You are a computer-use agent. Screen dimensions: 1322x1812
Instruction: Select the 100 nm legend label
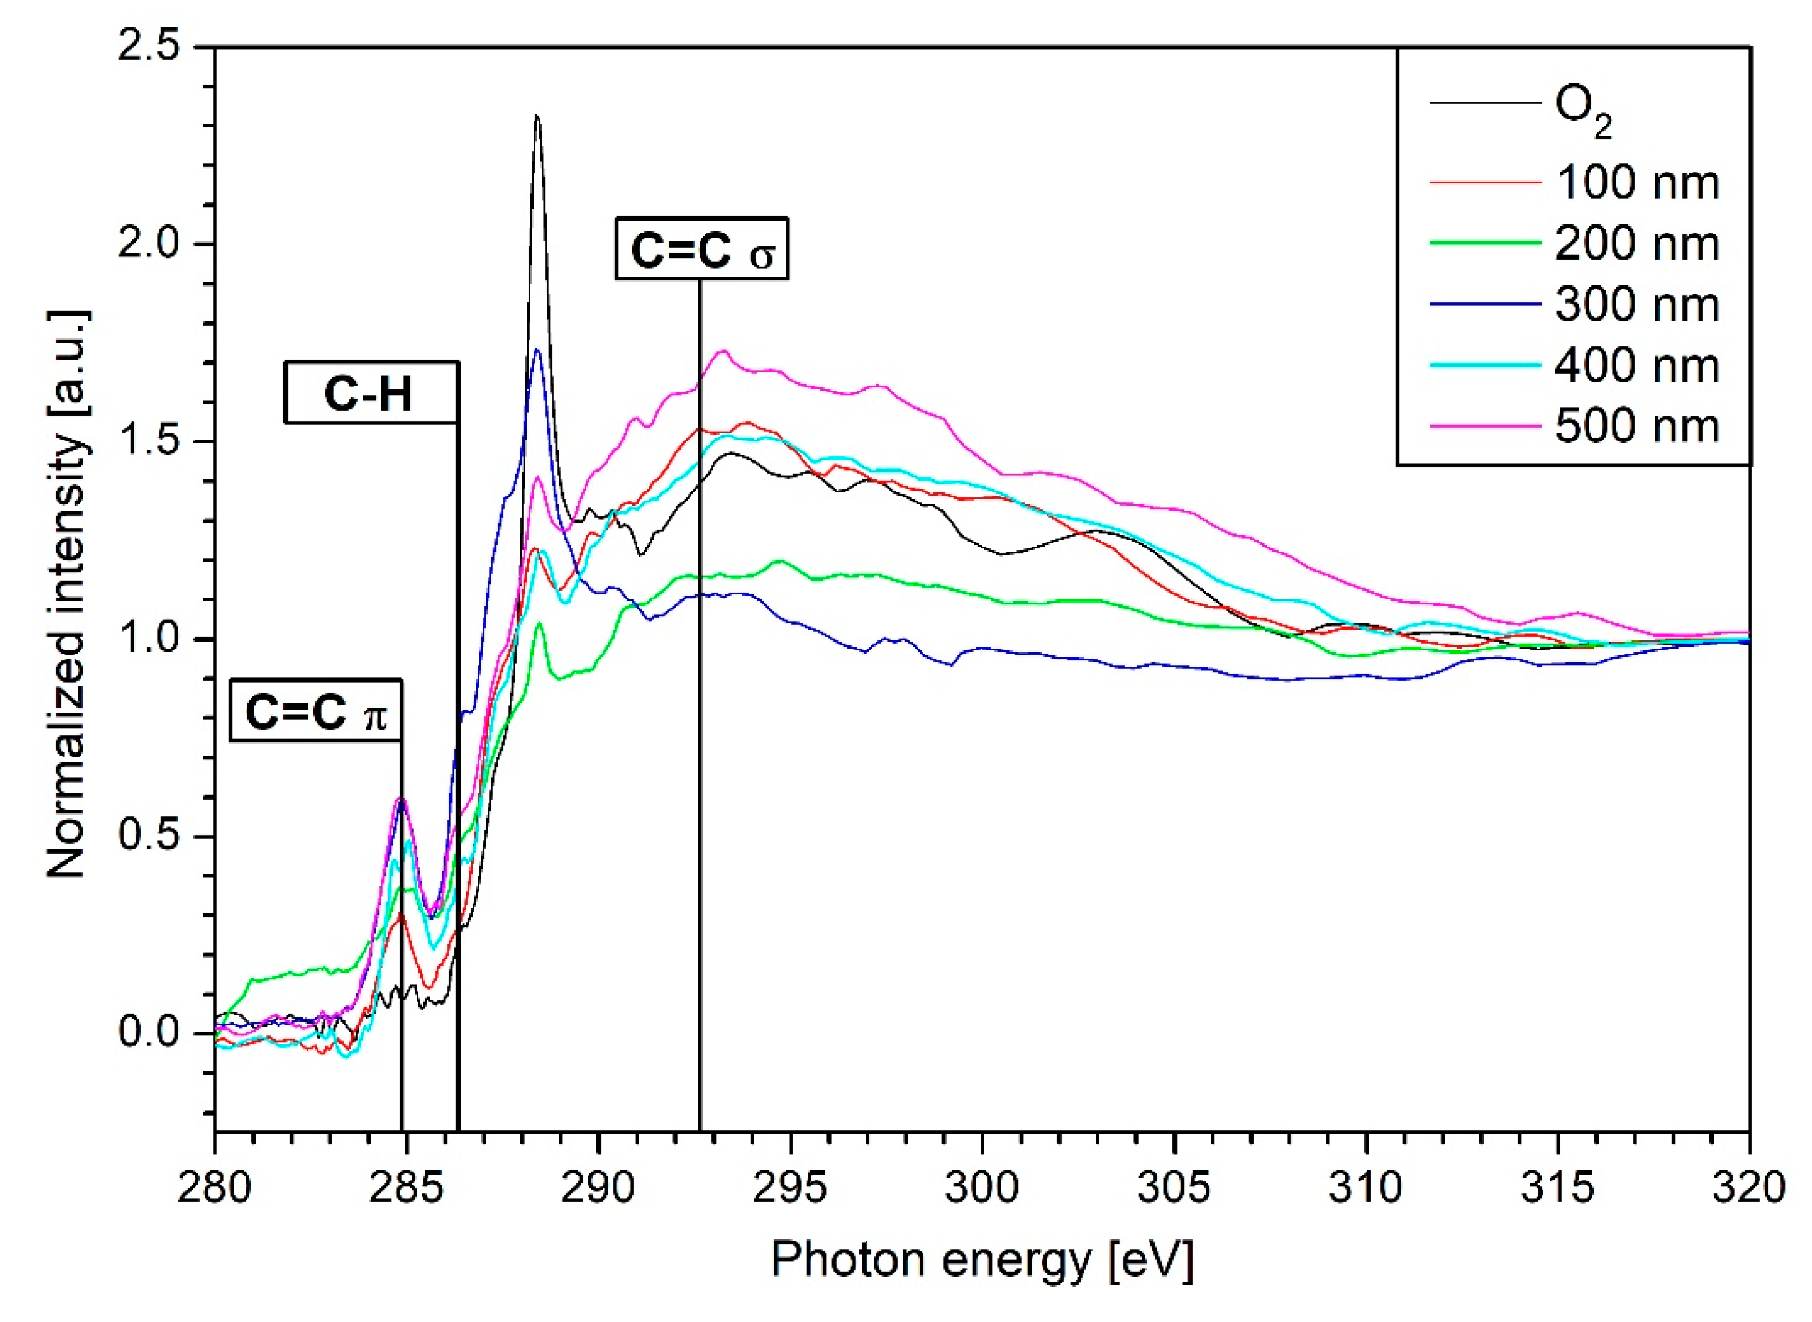pyautogui.click(x=1637, y=183)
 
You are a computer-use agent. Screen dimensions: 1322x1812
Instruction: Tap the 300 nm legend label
pyautogui.click(x=1637, y=305)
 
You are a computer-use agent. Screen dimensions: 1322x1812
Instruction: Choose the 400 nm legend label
pyautogui.click(x=1637, y=366)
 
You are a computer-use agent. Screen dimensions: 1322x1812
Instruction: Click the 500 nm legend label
pyautogui.click(x=1637, y=426)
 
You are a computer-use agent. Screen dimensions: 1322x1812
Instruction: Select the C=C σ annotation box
pyautogui.click(x=701, y=249)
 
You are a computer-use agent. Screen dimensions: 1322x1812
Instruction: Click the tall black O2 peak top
pyautogui.click(x=537, y=117)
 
